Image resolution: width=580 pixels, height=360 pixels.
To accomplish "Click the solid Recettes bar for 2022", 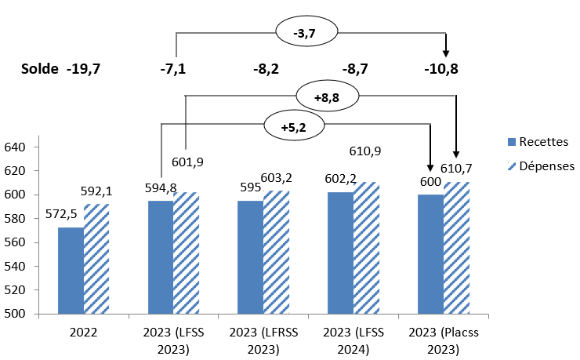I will pos(70,271).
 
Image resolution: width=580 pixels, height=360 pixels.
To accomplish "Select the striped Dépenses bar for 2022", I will pos(96,259).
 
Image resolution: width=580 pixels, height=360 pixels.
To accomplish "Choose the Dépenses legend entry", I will pos(542,165).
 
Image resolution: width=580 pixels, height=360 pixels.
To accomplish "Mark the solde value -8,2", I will pos(265,68).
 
